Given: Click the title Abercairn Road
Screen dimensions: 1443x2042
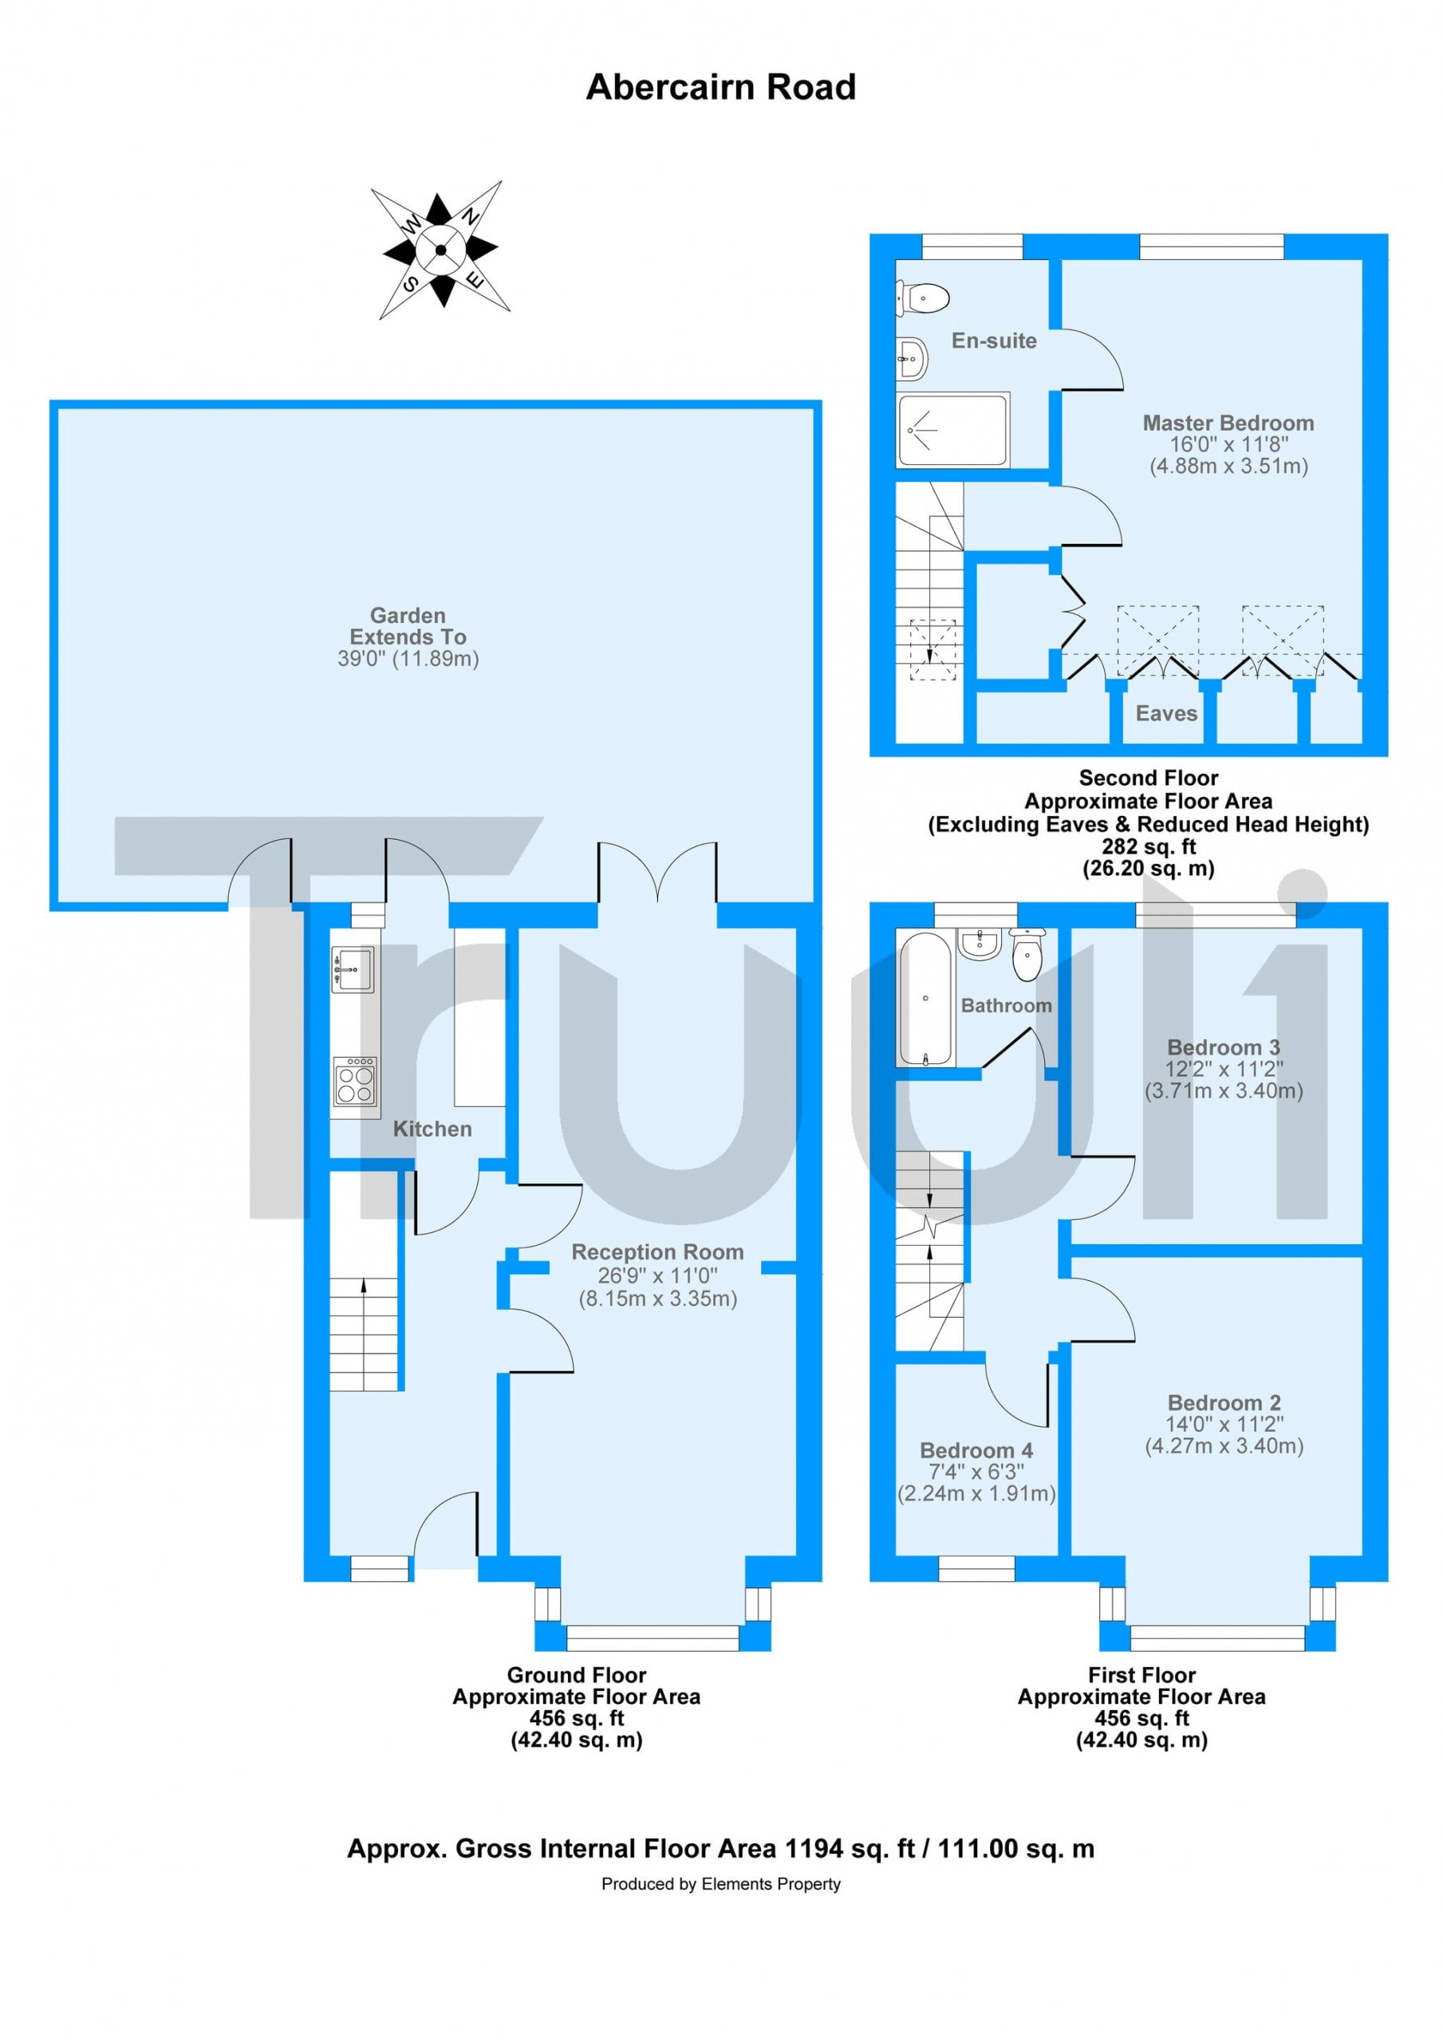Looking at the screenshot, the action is tap(720, 87).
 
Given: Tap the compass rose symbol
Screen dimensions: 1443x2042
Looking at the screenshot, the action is tap(440, 250).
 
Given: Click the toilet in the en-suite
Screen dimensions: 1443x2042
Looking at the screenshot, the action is tap(923, 297).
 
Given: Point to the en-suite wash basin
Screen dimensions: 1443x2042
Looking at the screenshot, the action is tap(912, 358).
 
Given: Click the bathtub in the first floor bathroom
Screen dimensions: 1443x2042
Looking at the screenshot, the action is tap(927, 999).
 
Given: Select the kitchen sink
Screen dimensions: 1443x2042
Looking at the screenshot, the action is tap(353, 969).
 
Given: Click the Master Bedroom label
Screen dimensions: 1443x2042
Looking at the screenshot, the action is tap(1228, 424).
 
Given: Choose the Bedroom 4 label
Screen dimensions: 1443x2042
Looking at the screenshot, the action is tap(976, 1451).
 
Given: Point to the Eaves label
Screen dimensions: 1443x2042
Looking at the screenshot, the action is tap(1165, 713).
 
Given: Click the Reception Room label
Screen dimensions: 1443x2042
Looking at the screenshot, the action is tap(657, 1252).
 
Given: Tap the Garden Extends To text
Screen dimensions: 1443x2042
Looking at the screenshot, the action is tap(408, 626).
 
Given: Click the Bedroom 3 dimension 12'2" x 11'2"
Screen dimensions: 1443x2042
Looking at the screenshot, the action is tap(1224, 1069).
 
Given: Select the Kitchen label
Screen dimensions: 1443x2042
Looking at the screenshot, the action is tap(432, 1129).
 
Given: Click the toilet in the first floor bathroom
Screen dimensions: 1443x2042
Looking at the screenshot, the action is tap(1027, 954).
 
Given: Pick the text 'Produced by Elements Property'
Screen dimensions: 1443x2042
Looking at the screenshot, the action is tap(720, 1884).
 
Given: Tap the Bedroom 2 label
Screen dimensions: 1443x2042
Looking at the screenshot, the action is tap(1224, 1402).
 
